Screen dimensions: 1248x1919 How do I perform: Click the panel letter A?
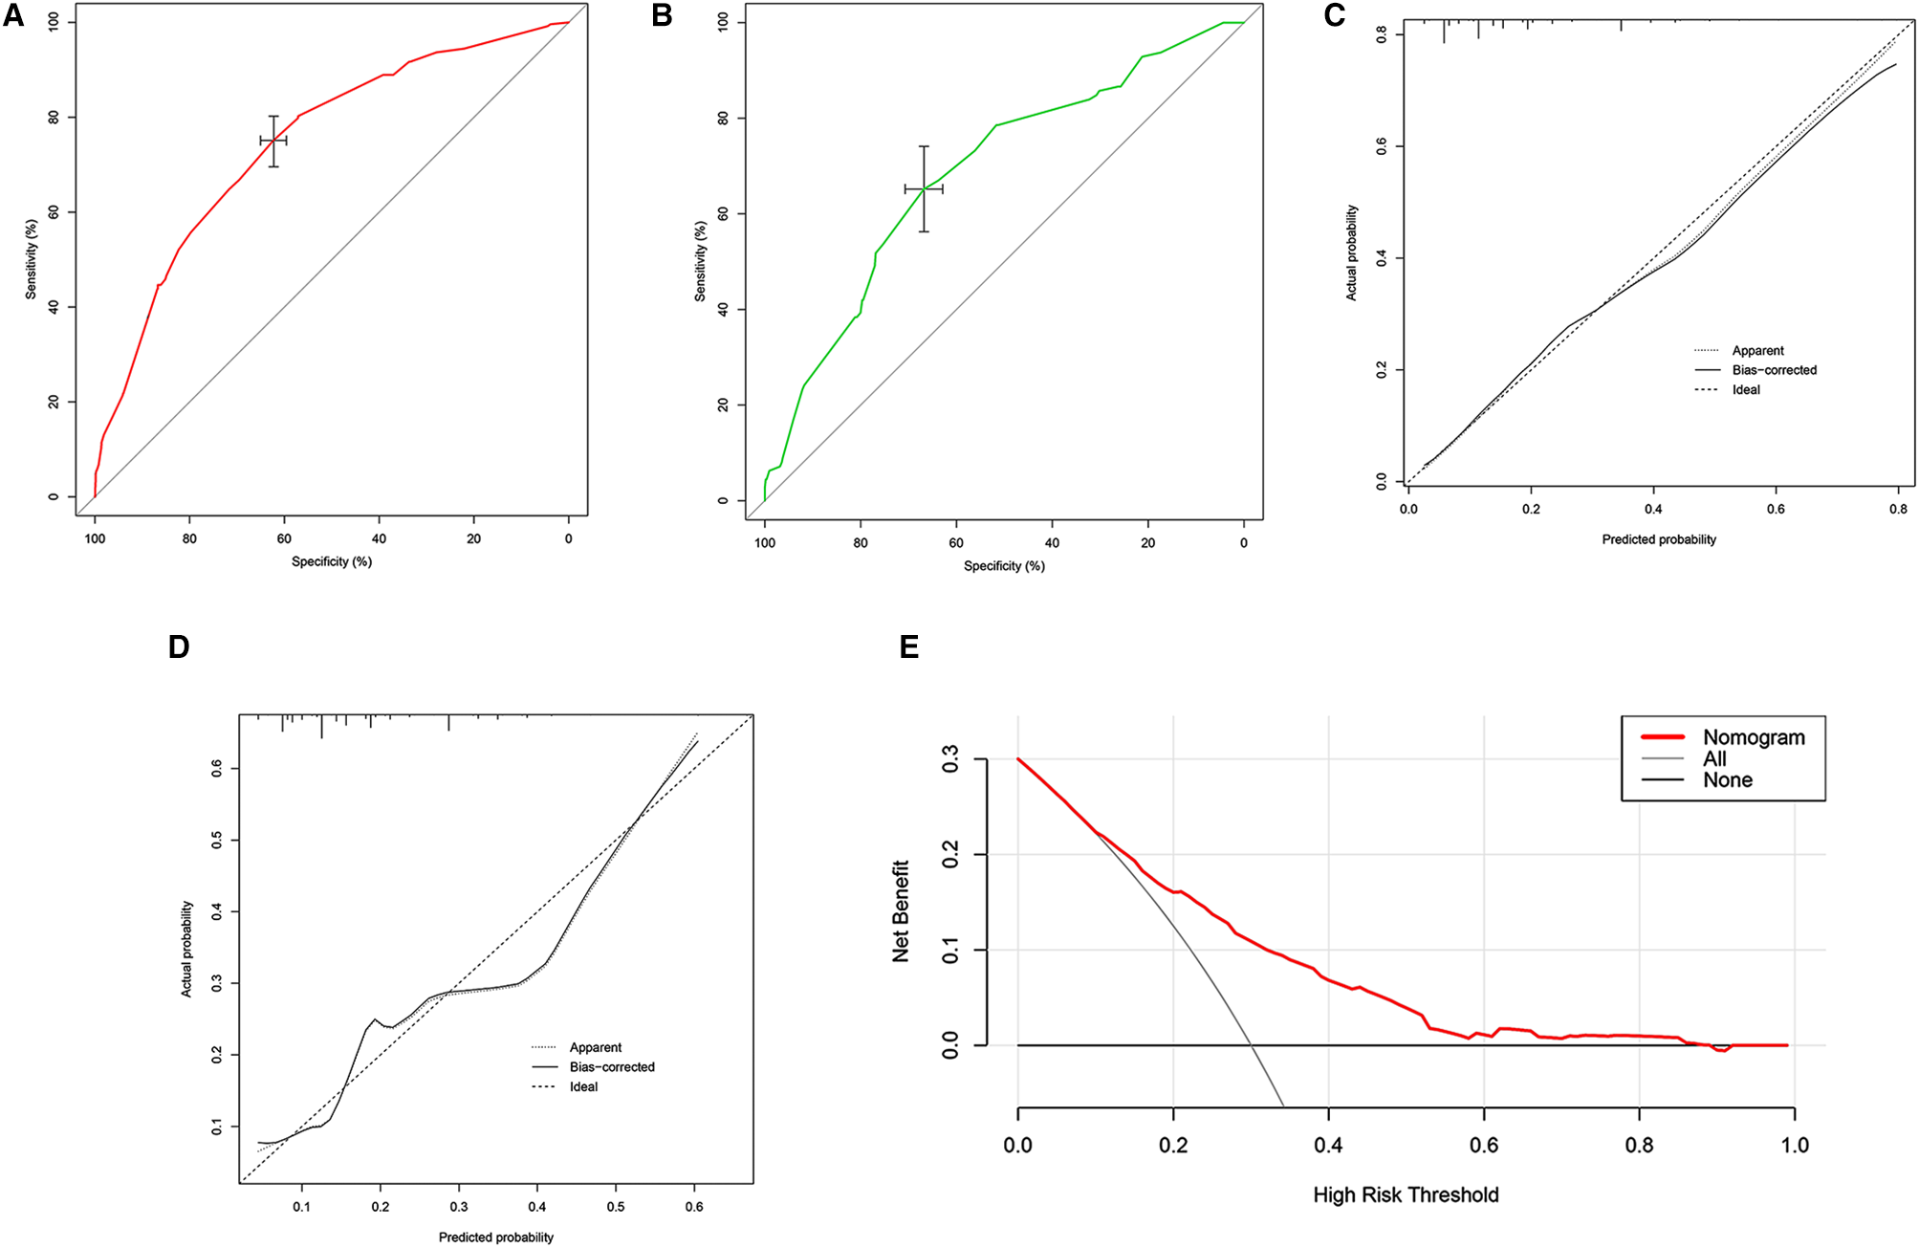click(x=13, y=16)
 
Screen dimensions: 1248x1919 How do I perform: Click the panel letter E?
click(x=909, y=647)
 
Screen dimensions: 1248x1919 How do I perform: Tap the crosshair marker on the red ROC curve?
click(x=273, y=141)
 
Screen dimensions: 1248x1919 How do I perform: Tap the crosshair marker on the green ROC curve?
click(x=924, y=189)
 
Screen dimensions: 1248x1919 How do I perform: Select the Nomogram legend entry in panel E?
click(x=1753, y=737)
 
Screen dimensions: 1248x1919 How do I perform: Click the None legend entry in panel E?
click(x=1727, y=780)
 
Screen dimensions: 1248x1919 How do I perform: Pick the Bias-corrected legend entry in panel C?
click(x=1774, y=370)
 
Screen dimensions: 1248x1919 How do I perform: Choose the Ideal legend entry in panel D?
click(x=583, y=1087)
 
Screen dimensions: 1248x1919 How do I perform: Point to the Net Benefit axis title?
click(x=901, y=910)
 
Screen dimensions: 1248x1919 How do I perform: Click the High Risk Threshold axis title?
click(x=1406, y=1194)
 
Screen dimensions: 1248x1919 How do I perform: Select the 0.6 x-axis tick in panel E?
click(x=1484, y=1145)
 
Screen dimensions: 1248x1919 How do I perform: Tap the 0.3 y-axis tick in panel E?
click(x=950, y=760)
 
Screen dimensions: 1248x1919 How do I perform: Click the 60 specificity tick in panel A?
click(x=284, y=538)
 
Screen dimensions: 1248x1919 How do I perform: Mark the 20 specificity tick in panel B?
click(x=1147, y=542)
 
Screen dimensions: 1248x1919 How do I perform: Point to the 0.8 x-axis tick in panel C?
click(x=1898, y=509)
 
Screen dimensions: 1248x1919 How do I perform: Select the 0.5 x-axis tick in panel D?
click(x=616, y=1207)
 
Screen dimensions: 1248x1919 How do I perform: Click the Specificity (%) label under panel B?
click(x=1004, y=566)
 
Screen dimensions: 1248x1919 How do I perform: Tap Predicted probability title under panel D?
click(x=495, y=1237)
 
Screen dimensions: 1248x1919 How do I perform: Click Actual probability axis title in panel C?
click(x=1351, y=252)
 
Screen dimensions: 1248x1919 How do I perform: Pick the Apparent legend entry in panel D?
click(x=595, y=1048)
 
